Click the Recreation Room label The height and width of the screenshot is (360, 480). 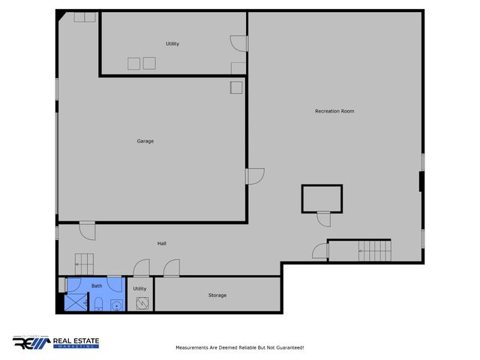(334, 111)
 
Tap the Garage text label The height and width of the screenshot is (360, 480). (145, 141)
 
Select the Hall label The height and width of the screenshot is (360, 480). (162, 244)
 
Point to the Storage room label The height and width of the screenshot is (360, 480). (217, 295)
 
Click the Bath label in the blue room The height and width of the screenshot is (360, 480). (97, 286)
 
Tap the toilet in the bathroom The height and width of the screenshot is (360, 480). (98, 304)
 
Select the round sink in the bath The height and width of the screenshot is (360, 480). (115, 304)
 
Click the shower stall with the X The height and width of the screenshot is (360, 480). (76, 302)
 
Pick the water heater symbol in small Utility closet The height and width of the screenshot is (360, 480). (142, 302)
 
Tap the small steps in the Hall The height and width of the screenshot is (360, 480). (82, 262)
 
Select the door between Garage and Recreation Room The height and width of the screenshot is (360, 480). (255, 176)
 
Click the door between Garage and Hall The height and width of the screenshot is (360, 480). (88, 229)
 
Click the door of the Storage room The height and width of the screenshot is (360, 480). (172, 268)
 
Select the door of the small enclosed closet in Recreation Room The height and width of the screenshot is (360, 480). (323, 218)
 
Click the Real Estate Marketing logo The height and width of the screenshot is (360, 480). (55, 342)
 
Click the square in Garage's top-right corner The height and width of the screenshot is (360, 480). (236, 88)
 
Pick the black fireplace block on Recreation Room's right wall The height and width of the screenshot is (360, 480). (421, 182)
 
